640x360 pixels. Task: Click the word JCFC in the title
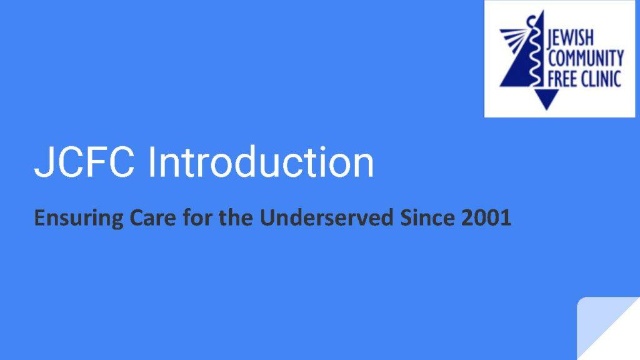[x=84, y=162]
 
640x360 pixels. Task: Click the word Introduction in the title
[x=261, y=162]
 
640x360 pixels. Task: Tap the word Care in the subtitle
[x=152, y=217]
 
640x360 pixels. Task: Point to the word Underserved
[x=326, y=217]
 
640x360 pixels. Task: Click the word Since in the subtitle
[x=427, y=217]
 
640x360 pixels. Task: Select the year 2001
[x=486, y=217]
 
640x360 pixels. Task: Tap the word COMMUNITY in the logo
[x=586, y=58]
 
